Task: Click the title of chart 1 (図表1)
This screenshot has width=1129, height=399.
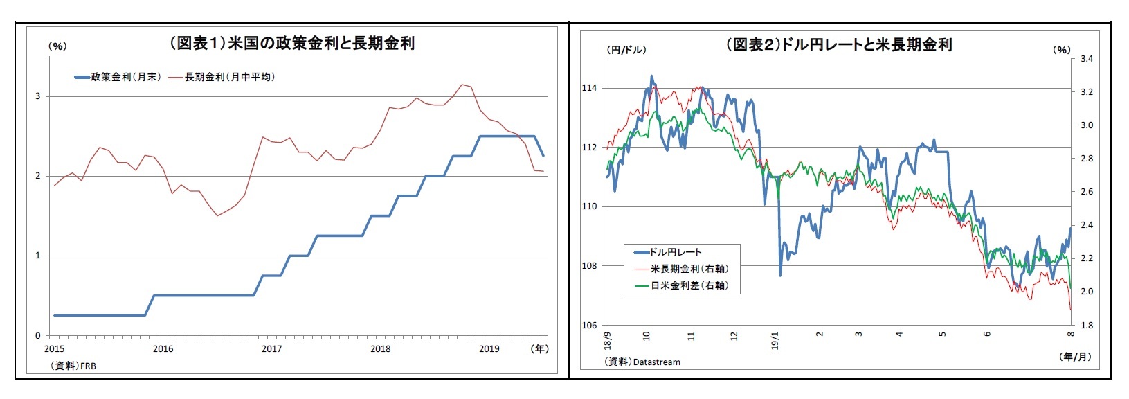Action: coord(291,43)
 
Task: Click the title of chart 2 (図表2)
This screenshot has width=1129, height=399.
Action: coord(838,45)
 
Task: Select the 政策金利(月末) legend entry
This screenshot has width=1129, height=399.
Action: coord(118,77)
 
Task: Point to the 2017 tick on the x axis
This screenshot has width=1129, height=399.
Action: coord(271,348)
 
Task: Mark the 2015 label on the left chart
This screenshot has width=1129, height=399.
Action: coord(54,348)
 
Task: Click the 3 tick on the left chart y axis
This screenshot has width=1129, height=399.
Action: coord(38,96)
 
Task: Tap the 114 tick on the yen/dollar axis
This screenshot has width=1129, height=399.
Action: coord(589,88)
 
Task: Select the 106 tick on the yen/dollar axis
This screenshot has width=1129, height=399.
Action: coord(589,325)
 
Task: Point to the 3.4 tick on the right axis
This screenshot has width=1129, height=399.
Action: coord(1086,59)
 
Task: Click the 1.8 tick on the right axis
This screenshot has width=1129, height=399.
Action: coord(1086,325)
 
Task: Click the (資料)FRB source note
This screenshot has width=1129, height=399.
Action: coord(73,365)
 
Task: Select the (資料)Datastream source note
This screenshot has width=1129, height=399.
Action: coord(642,362)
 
